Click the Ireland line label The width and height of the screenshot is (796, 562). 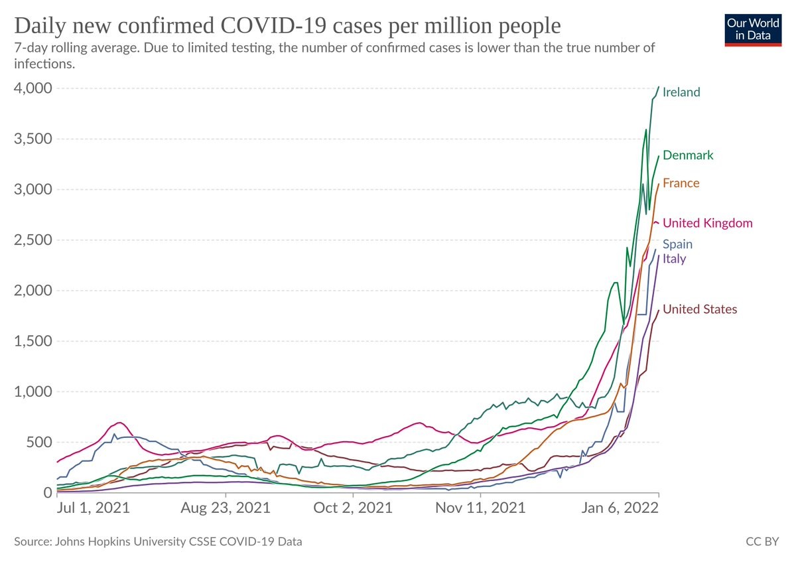(681, 92)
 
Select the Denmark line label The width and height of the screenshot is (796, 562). (688, 155)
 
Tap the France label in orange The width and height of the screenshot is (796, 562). (681, 183)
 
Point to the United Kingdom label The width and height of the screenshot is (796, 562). (707, 223)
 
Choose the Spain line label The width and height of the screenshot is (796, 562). (677, 244)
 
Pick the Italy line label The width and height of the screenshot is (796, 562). (674, 259)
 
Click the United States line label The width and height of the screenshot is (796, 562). (699, 309)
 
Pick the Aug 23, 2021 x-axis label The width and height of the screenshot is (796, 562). (226, 509)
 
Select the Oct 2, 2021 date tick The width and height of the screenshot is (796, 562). (354, 509)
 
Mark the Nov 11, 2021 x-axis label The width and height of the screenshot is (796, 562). (480, 509)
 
